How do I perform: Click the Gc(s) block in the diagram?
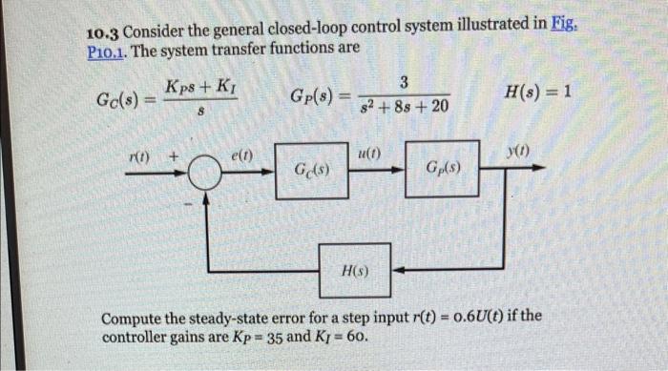pyautogui.click(x=312, y=171)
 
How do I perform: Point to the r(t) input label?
pyautogui.click(x=140, y=154)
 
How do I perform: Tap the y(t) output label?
pyautogui.click(x=518, y=150)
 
